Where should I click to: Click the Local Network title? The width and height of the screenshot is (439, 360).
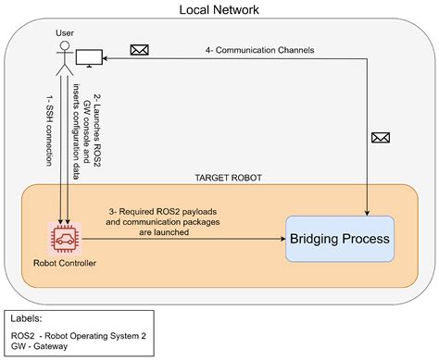(219, 10)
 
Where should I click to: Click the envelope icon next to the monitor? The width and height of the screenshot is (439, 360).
(140, 50)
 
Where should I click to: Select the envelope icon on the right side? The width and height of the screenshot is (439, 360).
(379, 138)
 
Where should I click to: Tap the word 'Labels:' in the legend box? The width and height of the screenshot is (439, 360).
(28, 317)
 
